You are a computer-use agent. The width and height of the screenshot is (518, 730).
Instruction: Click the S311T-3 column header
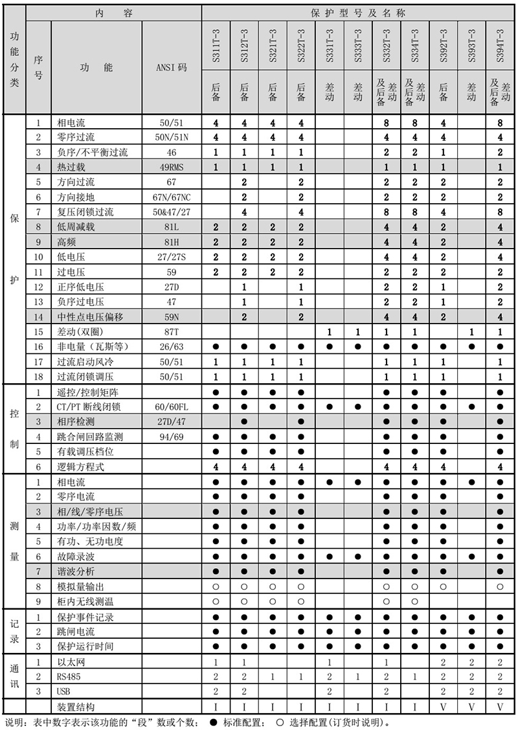pos(216,45)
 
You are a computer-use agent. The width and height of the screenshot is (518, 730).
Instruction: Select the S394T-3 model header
pos(500,45)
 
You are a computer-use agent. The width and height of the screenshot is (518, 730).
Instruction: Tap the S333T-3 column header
pos(358,45)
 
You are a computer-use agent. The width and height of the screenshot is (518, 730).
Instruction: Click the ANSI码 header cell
pos(172,67)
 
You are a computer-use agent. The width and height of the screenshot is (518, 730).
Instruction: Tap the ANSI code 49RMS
pos(172,166)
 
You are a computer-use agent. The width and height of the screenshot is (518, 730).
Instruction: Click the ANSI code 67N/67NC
pos(172,196)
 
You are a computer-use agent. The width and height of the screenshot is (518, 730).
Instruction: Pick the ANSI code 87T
pos(172,331)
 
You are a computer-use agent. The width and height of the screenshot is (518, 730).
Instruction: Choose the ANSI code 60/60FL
pos(172,407)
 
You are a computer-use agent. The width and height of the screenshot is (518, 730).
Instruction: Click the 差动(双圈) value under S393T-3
pos(471,331)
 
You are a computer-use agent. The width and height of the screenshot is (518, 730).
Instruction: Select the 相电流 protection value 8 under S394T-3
pos(500,122)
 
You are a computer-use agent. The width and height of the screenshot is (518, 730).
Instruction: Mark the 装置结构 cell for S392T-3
pos(443,706)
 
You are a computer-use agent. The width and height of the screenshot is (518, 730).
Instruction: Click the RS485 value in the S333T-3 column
pos(358,676)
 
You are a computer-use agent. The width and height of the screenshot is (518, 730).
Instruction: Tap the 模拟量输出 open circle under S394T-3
pos(500,586)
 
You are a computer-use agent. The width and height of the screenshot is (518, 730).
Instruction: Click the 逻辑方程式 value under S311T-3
pos(216,467)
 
